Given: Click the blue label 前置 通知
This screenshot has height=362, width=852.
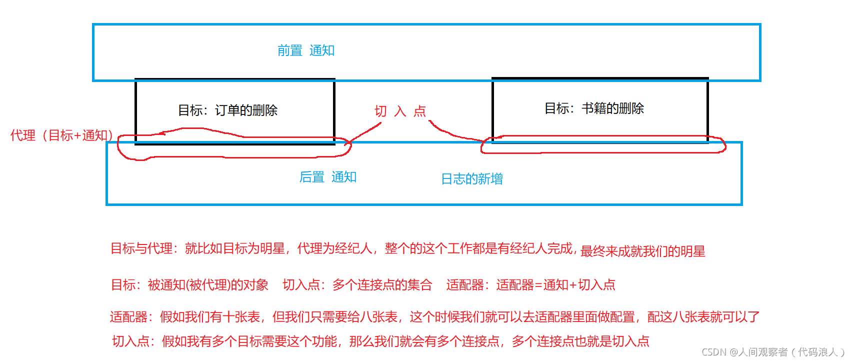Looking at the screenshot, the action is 305,50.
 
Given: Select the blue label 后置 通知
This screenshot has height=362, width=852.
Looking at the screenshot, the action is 327,177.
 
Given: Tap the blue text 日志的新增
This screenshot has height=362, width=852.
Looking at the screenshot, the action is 471,179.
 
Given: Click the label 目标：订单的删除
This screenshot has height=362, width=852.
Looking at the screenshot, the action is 227,110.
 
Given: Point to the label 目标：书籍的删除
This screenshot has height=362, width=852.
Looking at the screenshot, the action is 594,108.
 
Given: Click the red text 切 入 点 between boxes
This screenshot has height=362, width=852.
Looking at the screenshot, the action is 400,111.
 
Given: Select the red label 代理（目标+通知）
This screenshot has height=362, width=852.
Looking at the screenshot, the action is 61,135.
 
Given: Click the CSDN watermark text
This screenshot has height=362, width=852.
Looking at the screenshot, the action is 772,352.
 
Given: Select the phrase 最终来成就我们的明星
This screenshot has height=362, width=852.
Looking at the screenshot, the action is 642,251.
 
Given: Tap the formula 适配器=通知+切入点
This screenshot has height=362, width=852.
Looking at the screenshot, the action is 555,285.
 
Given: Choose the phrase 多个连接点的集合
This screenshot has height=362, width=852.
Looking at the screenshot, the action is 382,285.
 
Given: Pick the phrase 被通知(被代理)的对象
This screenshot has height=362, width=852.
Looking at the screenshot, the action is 208,285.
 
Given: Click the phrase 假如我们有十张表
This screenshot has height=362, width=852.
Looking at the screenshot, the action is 210,317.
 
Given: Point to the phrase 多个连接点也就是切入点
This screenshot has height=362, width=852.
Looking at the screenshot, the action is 580,341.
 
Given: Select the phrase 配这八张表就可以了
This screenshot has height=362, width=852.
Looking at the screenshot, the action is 703,317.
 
